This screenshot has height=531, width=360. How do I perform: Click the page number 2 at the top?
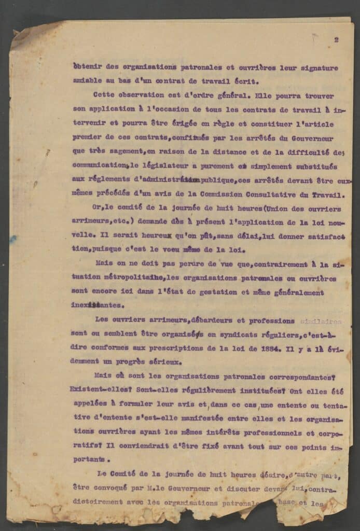337,39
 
